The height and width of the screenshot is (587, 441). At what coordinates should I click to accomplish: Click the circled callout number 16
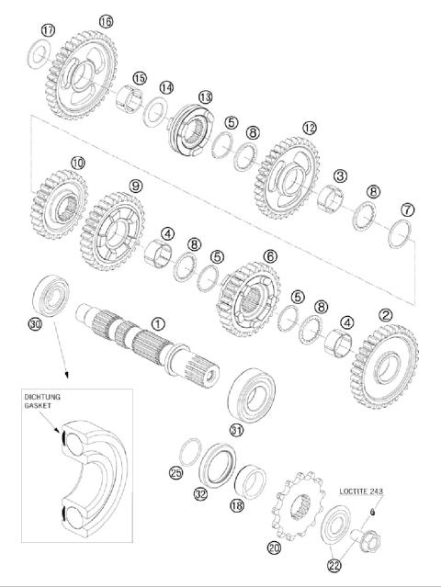(x=106, y=20)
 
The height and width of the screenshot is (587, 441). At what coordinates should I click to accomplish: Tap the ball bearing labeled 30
(x=50, y=296)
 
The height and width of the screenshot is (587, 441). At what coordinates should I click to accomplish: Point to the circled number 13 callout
(x=204, y=96)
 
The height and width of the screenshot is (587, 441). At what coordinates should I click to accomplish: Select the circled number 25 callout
(x=177, y=472)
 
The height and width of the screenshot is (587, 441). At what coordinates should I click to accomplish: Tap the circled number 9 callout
(x=137, y=186)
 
